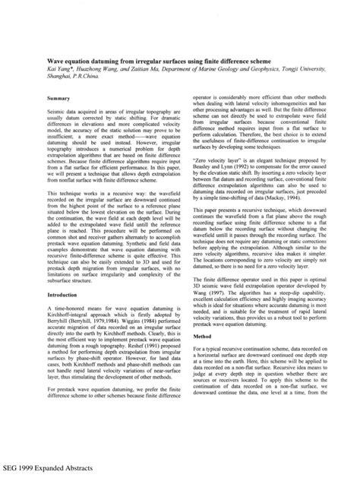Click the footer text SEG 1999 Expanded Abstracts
47,470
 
